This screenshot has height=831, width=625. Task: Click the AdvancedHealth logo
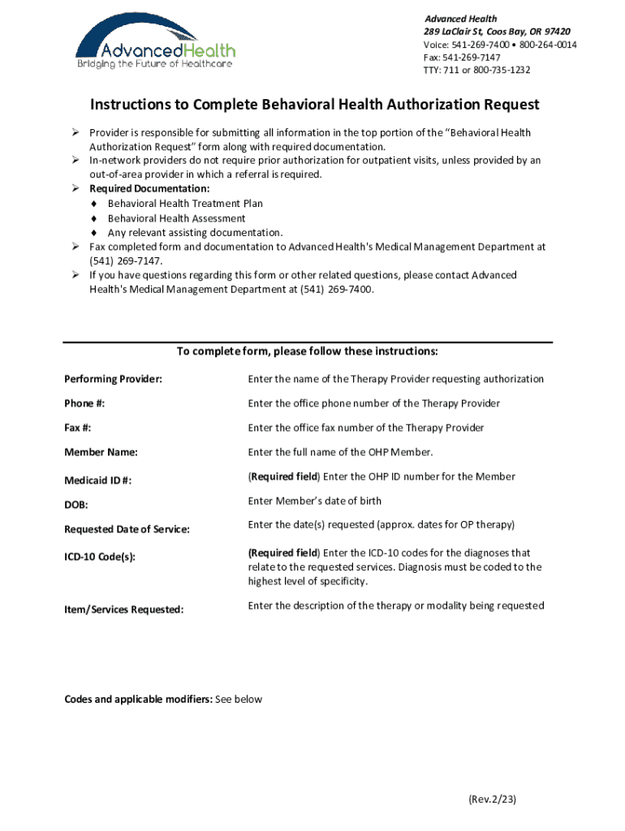(155, 45)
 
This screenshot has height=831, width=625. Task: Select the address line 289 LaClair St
(496, 32)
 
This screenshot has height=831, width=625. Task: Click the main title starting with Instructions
(314, 105)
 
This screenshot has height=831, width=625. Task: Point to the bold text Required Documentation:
(138, 189)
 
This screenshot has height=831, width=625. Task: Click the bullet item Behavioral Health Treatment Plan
(185, 204)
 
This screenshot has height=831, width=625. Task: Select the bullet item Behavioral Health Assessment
(176, 218)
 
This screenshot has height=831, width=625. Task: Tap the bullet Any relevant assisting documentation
(195, 233)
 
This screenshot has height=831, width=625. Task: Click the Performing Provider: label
(113, 380)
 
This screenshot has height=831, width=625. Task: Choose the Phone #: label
(84, 404)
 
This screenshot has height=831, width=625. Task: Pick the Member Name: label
(101, 453)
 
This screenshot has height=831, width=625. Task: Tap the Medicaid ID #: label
(97, 480)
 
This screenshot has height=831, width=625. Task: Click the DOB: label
(76, 505)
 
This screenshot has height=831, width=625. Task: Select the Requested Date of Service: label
(127, 529)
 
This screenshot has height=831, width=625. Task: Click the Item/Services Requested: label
(123, 609)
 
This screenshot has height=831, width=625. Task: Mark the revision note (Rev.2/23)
(492, 799)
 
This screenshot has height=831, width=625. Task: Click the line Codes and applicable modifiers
(162, 700)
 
